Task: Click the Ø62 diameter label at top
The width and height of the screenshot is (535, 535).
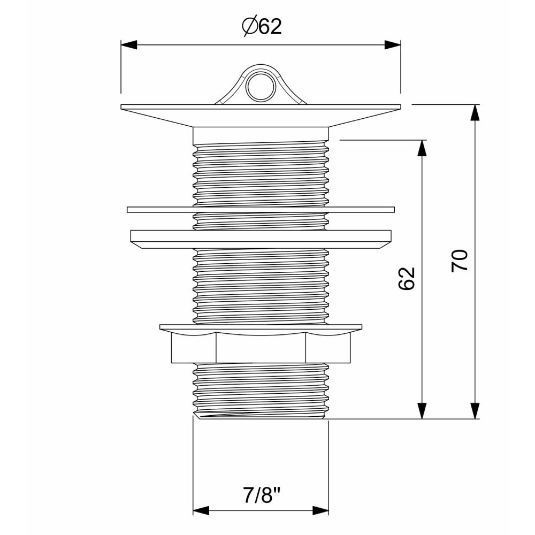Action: click(262, 26)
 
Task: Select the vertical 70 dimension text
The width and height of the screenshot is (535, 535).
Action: click(460, 261)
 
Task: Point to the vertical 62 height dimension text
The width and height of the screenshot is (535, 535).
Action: click(407, 278)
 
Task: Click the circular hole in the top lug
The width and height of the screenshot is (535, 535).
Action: click(261, 87)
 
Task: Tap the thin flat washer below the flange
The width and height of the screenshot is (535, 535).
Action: click(261, 210)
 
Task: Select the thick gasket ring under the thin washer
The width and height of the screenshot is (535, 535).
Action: click(261, 239)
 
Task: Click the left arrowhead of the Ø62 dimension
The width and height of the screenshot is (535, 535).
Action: click(129, 45)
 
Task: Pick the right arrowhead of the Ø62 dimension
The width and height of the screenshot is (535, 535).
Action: click(393, 45)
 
